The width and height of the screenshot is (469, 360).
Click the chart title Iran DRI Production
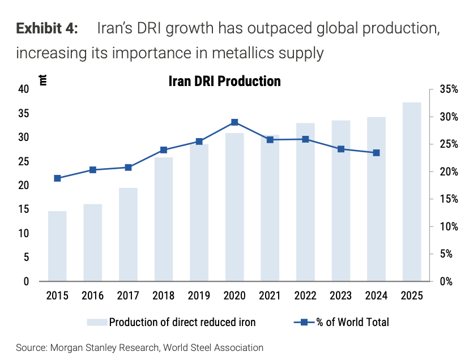pos(225,81)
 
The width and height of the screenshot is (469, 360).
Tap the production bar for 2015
pos(57,246)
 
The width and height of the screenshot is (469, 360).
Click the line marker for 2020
pos(234,122)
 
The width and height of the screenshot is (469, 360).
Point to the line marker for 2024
pos(376,153)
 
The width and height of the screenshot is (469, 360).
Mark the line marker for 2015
pos(57,178)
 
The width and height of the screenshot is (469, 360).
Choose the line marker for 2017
pos(128,168)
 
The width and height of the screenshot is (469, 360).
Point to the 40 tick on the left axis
pos(23,89)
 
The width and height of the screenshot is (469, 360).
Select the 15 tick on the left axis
pos(23,209)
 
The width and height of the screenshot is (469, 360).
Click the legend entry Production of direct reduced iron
pos(182,323)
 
